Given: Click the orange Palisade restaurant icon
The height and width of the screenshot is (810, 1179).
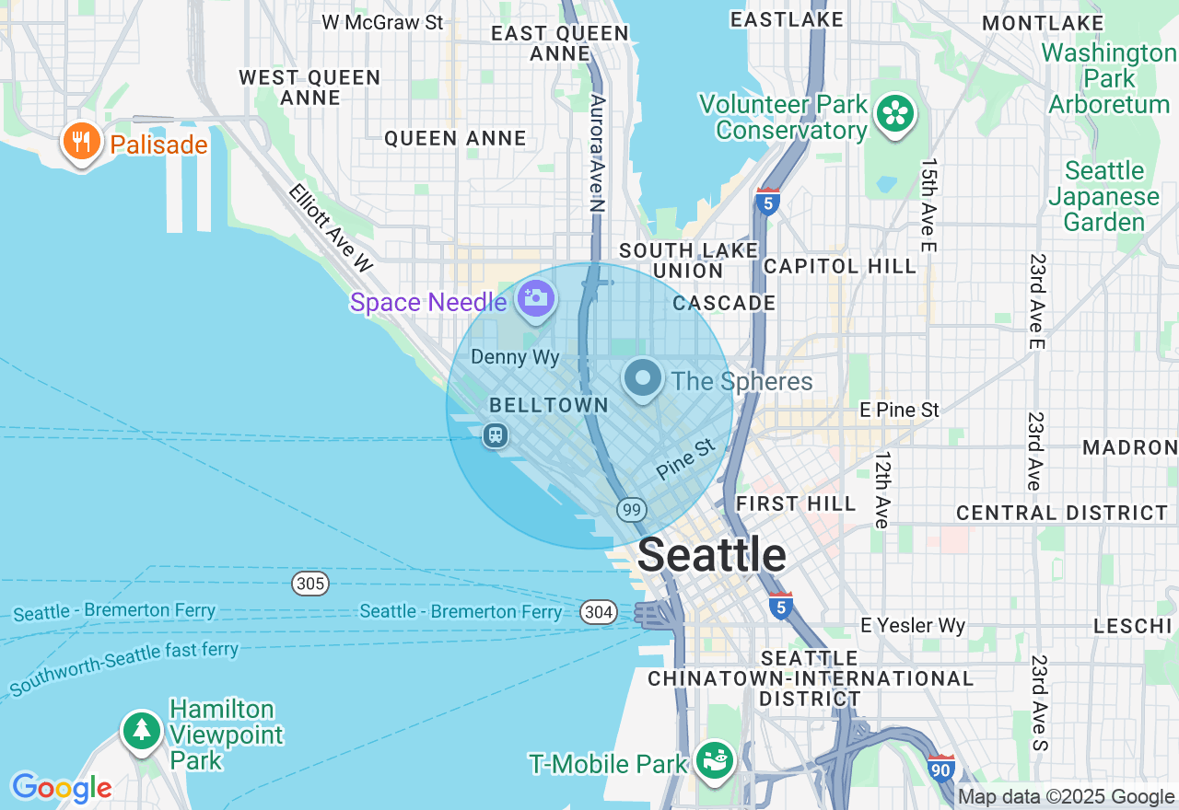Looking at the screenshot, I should [81, 143].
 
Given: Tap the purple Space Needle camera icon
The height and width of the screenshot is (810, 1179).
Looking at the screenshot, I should [535, 298].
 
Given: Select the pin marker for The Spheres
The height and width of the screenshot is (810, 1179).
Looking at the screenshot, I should [643, 377].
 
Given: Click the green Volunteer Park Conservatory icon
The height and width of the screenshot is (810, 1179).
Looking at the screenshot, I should [894, 114].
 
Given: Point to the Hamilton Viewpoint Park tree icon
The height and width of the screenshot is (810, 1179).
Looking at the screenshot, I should [142, 731].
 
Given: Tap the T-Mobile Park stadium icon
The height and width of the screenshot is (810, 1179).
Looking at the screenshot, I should [715, 761].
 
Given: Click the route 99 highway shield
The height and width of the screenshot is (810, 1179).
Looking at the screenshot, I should [632, 510].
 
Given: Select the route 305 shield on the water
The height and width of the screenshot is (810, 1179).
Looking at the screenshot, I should [310, 584].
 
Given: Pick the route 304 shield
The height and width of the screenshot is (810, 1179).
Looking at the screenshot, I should [598, 612].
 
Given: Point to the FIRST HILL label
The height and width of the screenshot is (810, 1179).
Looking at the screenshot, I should [796, 503].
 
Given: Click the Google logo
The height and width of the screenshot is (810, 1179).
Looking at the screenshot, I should [62, 788].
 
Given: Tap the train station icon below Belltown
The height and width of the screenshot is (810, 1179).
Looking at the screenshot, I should [496, 435].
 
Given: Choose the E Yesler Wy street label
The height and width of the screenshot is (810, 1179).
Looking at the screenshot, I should [912, 626].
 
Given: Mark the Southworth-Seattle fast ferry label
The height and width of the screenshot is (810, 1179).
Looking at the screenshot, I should [124, 667].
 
